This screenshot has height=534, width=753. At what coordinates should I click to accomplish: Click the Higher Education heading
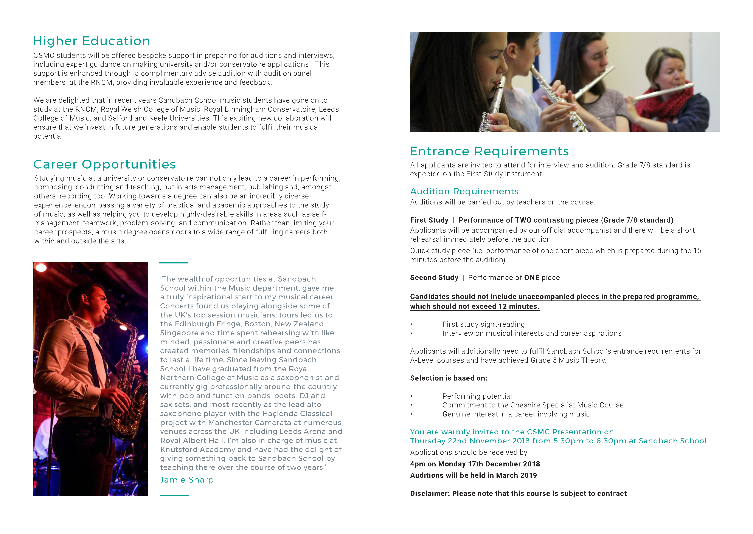(92, 41)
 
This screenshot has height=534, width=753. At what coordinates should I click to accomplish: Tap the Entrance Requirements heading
(489, 151)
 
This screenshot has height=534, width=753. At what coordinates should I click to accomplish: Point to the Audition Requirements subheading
(464, 191)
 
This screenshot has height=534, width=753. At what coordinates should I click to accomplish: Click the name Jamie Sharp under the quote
(186, 480)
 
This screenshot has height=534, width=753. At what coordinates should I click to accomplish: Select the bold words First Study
(429, 220)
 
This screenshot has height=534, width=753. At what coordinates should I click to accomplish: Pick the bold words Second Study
(434, 278)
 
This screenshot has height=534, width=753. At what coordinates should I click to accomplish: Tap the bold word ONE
(532, 278)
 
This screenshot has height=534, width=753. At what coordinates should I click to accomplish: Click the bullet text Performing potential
(477, 396)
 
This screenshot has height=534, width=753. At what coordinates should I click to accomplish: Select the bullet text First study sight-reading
(483, 325)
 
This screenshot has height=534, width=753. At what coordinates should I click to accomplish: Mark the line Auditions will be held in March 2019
(473, 475)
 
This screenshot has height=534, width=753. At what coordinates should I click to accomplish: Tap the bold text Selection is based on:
(448, 378)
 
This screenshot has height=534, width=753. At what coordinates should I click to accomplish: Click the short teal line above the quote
(173, 263)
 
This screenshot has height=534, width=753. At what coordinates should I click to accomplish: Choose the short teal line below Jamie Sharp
(174, 495)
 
